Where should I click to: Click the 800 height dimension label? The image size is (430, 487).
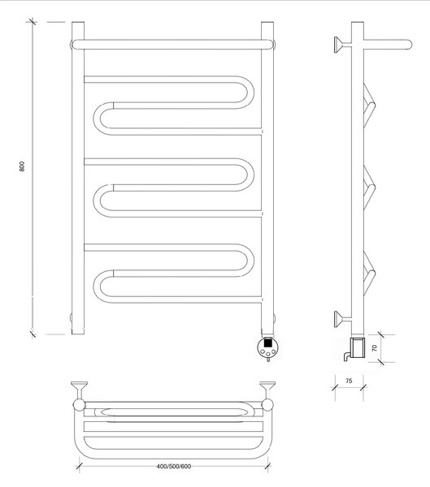tap(21, 166)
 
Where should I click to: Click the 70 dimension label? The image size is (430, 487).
tap(374, 348)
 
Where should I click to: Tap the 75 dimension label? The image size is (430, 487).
tap(349, 381)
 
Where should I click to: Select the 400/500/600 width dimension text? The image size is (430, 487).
tap(174, 466)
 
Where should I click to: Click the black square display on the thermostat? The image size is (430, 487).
tap(267, 343)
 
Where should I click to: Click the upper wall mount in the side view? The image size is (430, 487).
tap(342, 45)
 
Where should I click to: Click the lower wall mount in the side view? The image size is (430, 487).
tap(342, 319)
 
